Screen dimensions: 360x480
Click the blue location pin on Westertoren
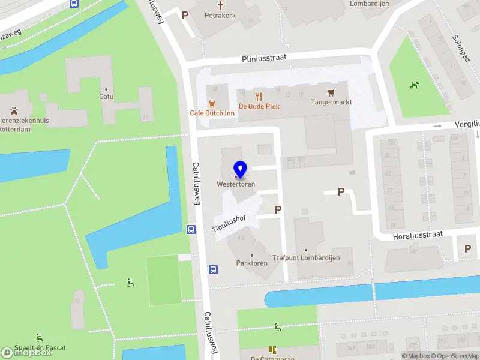(240, 169)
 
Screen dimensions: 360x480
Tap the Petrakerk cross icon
(220, 5)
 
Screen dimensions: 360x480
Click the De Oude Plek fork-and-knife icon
(259, 96)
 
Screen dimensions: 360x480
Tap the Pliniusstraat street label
(264, 58)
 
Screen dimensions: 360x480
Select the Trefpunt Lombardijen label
(306, 258)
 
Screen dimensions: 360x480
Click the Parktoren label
(251, 263)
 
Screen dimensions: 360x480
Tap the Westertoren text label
(236, 184)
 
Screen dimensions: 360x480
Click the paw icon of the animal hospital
(14, 110)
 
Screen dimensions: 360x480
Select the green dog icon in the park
(414, 85)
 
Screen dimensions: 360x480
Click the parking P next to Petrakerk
(185, 16)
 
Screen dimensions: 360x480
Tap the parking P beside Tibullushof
(278, 209)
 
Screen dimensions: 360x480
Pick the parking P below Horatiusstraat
(467, 248)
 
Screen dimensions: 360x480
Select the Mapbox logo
(26, 353)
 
